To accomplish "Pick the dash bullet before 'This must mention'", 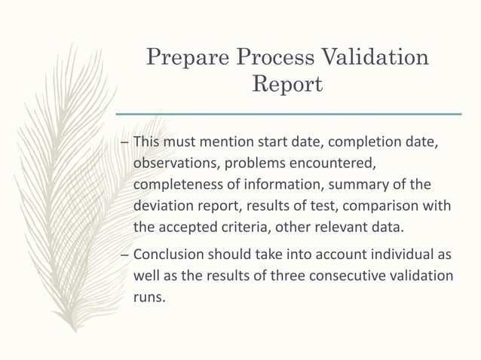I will tap(125, 142).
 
